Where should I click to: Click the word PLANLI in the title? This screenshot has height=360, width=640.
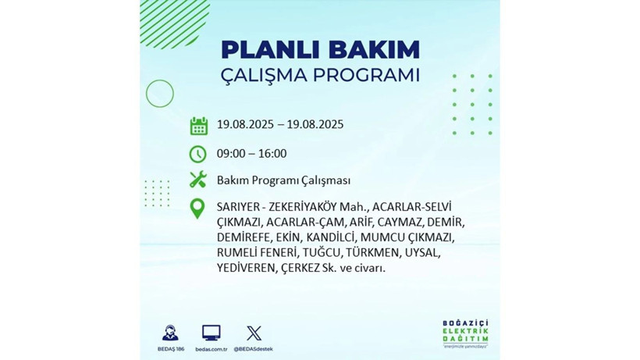point(265,50)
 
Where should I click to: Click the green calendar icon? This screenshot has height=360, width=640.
point(198,125)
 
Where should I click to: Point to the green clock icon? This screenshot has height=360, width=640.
point(198,154)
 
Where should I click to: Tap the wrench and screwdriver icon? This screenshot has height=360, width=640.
point(198,180)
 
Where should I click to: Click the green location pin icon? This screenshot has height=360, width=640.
point(198,209)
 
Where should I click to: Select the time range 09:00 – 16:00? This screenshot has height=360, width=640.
point(251,154)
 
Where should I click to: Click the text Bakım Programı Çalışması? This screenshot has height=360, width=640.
point(283,180)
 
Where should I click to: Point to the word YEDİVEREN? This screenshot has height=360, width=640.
point(244,268)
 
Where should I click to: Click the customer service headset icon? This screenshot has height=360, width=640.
point(169,333)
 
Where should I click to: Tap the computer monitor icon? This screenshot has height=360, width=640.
point(211,333)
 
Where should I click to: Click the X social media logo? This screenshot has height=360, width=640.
point(254,333)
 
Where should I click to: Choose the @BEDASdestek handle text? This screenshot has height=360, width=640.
point(254,348)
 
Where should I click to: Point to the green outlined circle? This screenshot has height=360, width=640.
point(159,94)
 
